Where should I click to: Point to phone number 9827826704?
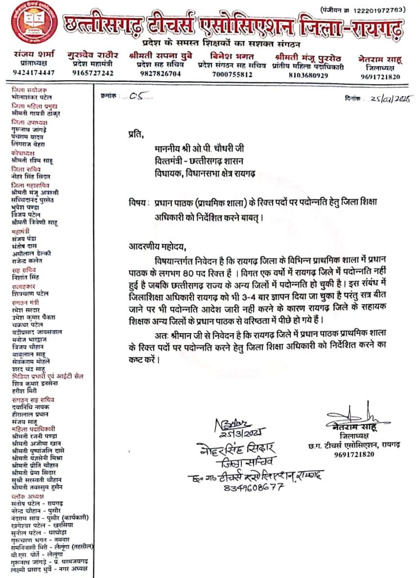tap(157, 73)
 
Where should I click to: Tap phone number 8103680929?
tap(308, 75)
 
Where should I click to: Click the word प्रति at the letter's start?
tap(136, 134)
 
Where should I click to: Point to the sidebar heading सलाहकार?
tap(23, 287)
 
